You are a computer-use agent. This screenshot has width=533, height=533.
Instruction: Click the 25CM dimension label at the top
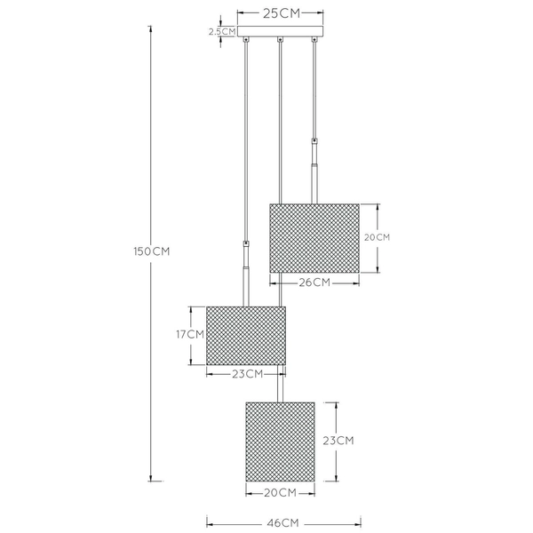[281, 14]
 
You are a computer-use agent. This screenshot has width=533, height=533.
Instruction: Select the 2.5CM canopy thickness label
[222, 31]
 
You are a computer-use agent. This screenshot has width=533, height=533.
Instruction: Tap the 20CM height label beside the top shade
[378, 238]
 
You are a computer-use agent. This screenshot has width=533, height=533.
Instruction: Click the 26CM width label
[314, 282]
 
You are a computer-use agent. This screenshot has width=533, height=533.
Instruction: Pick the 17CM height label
[190, 335]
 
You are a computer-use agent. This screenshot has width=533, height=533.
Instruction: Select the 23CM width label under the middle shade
[245, 374]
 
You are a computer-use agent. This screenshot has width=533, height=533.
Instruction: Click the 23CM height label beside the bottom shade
[338, 440]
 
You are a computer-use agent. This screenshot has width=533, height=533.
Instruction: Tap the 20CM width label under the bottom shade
[280, 492]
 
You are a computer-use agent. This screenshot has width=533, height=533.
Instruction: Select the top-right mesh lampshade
[314, 238]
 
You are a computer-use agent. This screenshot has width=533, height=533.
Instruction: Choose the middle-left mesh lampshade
[245, 336]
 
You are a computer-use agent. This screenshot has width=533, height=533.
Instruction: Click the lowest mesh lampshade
[280, 440]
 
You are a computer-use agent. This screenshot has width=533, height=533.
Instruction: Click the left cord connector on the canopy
[245, 40]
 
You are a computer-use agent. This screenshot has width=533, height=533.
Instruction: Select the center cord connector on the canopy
[281, 40]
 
